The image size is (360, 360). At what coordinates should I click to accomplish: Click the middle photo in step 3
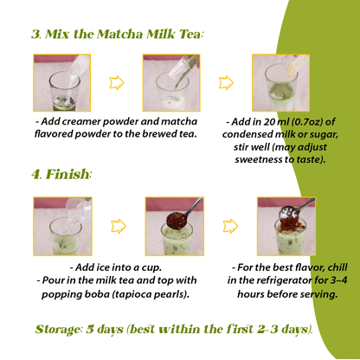point(171,82)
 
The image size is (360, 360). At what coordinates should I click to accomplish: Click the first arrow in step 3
point(116,83)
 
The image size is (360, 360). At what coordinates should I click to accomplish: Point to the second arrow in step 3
point(226,83)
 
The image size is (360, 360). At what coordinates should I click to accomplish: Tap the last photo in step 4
point(286,226)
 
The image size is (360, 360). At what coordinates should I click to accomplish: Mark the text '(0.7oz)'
point(309,123)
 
